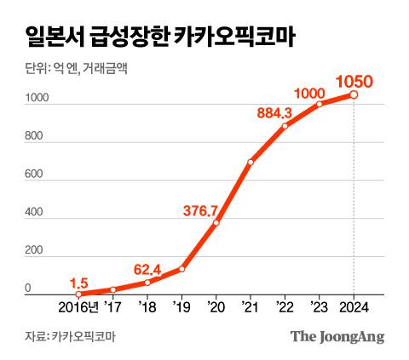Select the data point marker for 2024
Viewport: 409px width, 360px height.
pyautogui.click(x=354, y=95)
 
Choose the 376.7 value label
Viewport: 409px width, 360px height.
pyautogui.click(x=202, y=210)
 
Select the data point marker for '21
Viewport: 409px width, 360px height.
pyautogui.click(x=251, y=162)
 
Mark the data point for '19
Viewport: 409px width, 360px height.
pyautogui.click(x=181, y=269)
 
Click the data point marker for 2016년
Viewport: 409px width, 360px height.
pyautogui.click(x=78, y=294)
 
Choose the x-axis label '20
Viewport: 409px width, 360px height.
pyautogui.click(x=216, y=306)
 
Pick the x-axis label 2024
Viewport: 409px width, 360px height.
pyautogui.click(x=354, y=306)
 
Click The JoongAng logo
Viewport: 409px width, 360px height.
pyautogui.click(x=337, y=336)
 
